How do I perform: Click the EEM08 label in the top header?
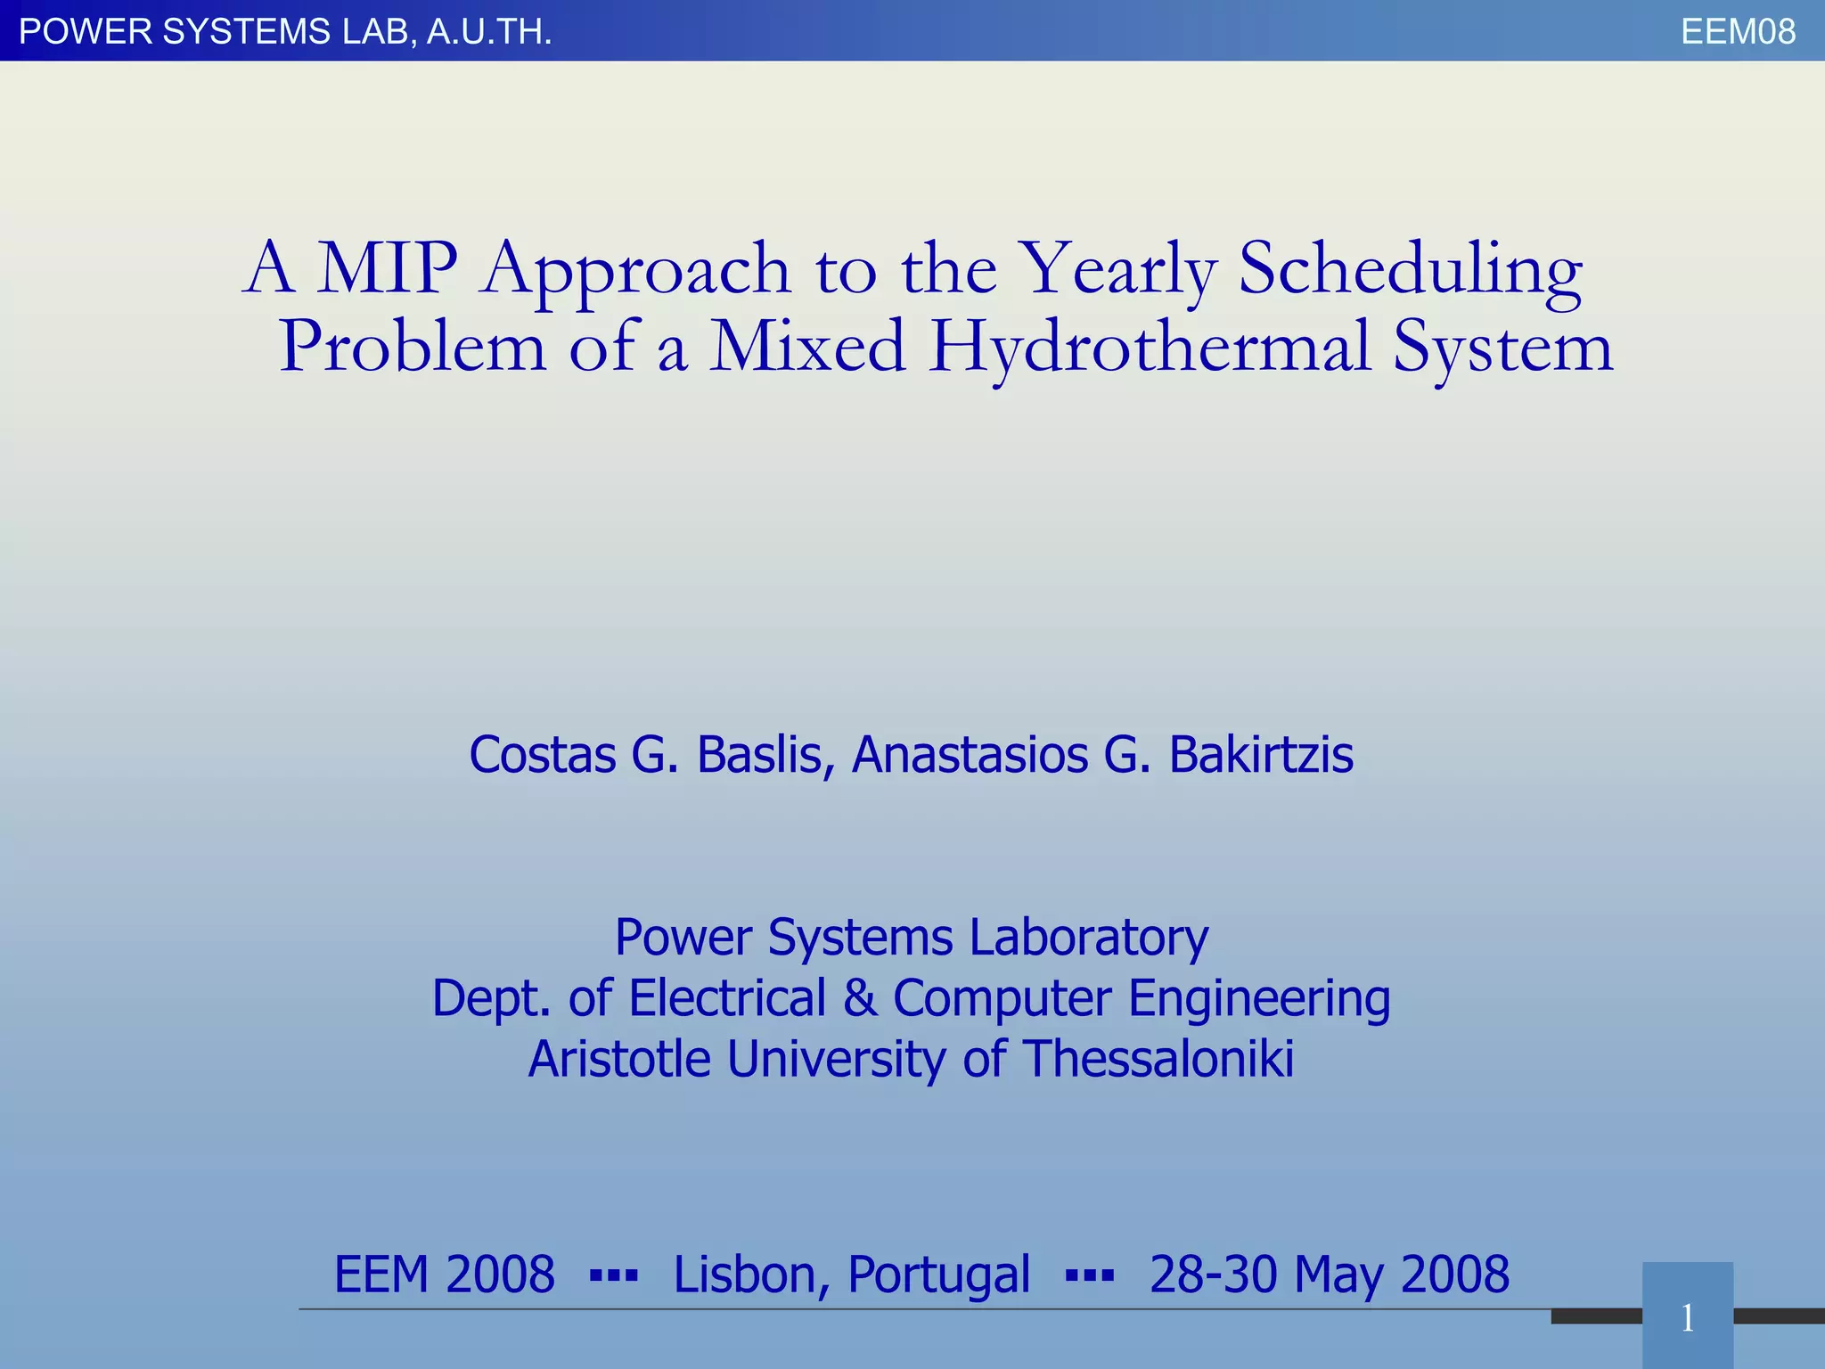point(1738,32)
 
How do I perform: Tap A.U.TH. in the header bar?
point(489,32)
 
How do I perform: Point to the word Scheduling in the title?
point(1410,269)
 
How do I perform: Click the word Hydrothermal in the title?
point(1150,348)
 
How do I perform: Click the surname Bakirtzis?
point(1260,755)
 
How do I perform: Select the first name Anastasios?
point(970,755)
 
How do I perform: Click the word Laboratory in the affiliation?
point(1088,938)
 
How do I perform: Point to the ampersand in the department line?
point(860,998)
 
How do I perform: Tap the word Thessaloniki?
point(1158,1059)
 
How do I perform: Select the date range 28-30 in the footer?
point(1214,1275)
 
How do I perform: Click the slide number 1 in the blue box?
point(1687,1318)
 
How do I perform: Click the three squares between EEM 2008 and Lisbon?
point(614,1276)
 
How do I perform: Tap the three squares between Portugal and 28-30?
point(1090,1276)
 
